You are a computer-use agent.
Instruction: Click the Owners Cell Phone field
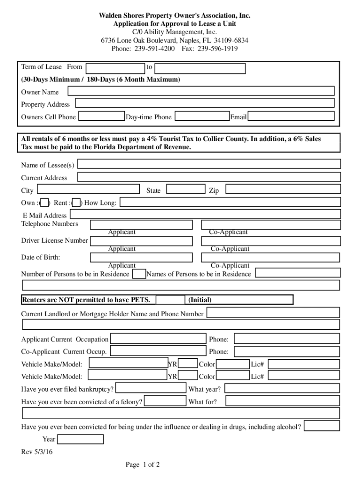[101, 116]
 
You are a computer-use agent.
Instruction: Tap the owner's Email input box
[291, 116]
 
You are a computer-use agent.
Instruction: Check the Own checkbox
[45, 203]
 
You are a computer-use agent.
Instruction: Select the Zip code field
[282, 189]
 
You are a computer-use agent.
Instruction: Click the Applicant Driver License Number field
[141, 241]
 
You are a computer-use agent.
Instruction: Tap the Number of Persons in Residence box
[139, 274]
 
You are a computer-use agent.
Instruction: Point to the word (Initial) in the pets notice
[200, 300]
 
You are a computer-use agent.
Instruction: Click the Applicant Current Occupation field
[158, 339]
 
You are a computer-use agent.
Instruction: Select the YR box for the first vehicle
[188, 363]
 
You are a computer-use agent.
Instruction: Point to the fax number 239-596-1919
[217, 49]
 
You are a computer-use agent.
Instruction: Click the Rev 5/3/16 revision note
[37, 452]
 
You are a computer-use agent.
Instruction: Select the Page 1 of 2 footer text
[143, 464]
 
